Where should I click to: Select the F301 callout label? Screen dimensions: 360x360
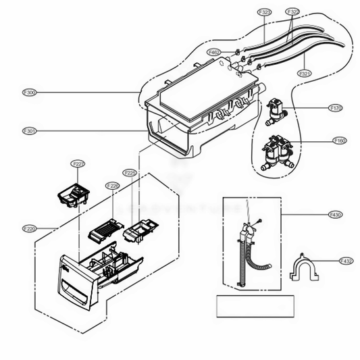[x=29, y=130]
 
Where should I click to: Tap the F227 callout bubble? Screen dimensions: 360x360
[x=78, y=164]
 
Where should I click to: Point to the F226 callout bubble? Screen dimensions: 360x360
[x=112, y=186]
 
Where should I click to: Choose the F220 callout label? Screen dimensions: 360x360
[x=29, y=228]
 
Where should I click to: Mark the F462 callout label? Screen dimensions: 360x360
[x=214, y=52]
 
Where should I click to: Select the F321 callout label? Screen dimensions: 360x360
[x=305, y=73]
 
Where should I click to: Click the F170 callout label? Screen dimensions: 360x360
[x=336, y=108]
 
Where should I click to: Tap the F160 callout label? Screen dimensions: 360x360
[x=340, y=140]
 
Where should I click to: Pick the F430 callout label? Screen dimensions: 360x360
[x=336, y=215]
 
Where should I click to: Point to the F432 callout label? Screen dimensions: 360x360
[x=346, y=261]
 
